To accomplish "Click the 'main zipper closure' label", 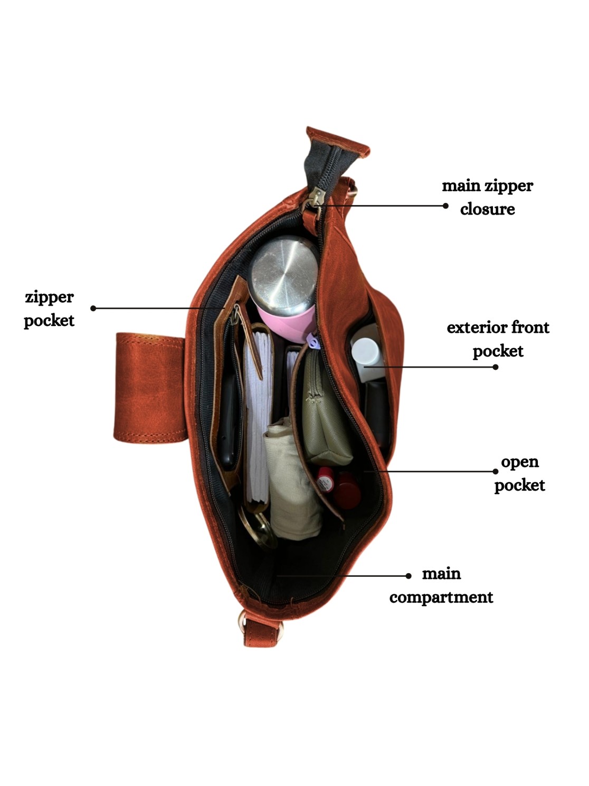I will pyautogui.click(x=487, y=198).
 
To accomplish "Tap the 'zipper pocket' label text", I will pyautogui.click(x=49, y=308).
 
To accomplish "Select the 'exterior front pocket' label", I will pyautogui.click(x=498, y=339).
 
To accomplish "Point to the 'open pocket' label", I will pyautogui.click(x=519, y=473).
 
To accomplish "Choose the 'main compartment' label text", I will pyautogui.click(x=441, y=585).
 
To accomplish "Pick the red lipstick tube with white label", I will pyautogui.click(x=325, y=482).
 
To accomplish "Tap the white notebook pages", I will pyautogui.click(x=257, y=423).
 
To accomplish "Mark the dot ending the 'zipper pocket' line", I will pyautogui.click(x=93, y=308).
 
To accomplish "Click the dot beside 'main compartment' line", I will pyautogui.click(x=408, y=576).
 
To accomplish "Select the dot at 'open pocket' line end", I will pyautogui.click(x=496, y=472).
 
